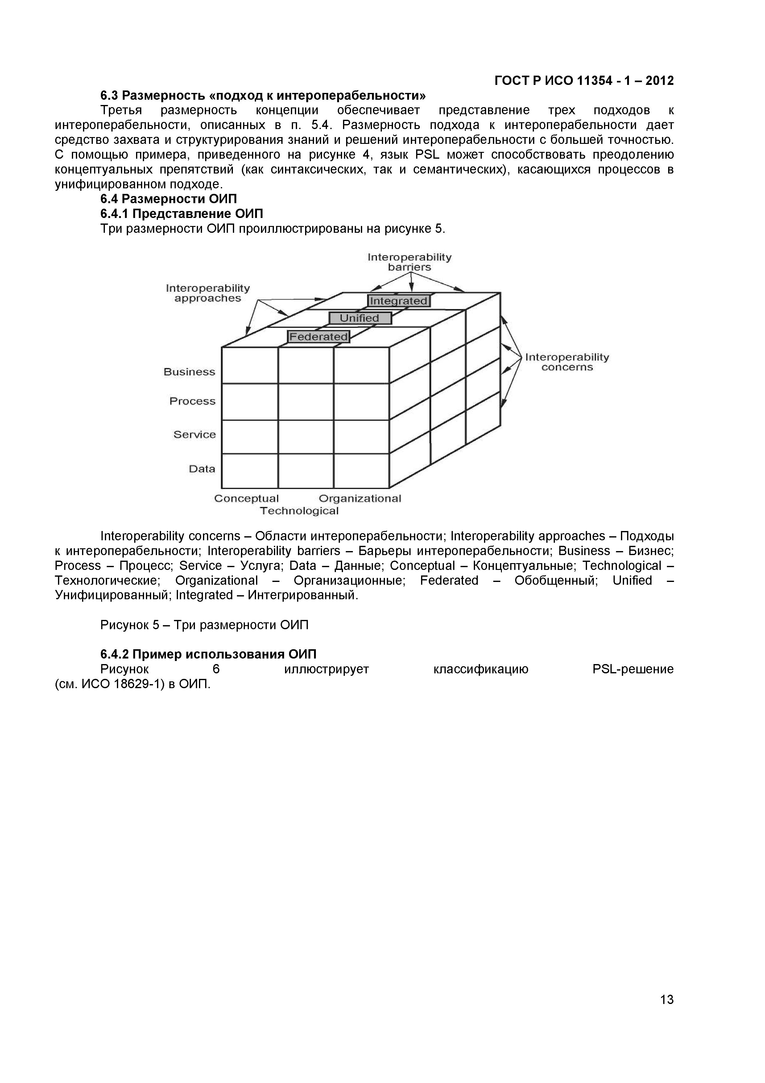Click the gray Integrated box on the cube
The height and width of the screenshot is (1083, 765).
(x=398, y=300)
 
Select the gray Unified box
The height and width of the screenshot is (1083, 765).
(x=360, y=318)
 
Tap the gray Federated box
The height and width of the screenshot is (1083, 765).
(x=319, y=336)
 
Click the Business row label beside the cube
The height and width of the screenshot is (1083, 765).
(x=189, y=372)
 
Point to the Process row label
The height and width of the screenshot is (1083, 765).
(x=192, y=401)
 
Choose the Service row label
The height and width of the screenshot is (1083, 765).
(x=194, y=434)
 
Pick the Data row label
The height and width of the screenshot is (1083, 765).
(x=202, y=469)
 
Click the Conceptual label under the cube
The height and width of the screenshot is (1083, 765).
(x=246, y=499)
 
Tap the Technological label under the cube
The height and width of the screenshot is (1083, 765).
(x=299, y=511)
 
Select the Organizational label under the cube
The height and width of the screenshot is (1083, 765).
(x=360, y=499)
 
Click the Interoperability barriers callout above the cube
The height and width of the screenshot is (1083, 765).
(x=409, y=262)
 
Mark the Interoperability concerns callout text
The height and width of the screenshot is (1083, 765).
(x=567, y=362)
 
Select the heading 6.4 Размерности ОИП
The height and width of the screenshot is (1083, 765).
(x=168, y=199)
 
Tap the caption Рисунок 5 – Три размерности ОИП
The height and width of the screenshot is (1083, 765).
(x=204, y=625)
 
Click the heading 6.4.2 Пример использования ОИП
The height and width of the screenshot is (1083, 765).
(x=208, y=654)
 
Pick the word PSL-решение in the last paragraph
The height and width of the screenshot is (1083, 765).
(x=633, y=669)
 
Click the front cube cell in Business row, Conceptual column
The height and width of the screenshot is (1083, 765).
(x=249, y=366)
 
